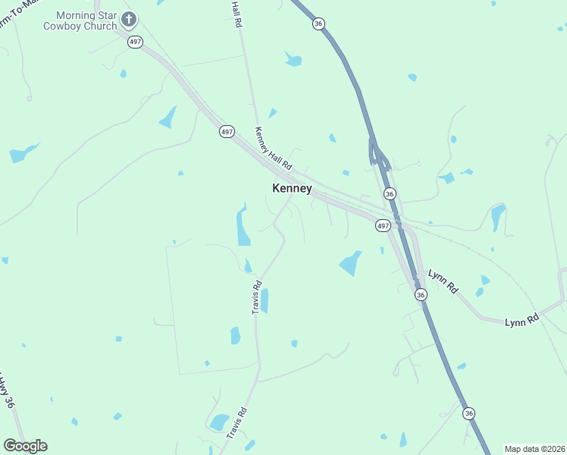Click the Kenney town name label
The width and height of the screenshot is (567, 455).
[x=292, y=189]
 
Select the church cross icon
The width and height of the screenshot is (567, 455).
[x=129, y=19]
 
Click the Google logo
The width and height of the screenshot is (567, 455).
[x=25, y=446]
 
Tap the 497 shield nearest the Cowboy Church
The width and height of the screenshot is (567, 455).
[x=136, y=42]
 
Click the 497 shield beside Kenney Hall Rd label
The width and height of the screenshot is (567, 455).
[x=227, y=132]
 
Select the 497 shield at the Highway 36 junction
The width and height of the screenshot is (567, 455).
[x=383, y=226]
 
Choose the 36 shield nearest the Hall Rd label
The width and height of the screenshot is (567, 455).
[x=318, y=24]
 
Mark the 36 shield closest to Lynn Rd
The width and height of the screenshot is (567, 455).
[x=421, y=294]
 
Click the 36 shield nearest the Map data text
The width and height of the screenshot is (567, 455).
[x=469, y=413]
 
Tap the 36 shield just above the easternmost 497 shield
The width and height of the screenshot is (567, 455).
[x=390, y=194]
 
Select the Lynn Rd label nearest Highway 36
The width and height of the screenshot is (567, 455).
[x=444, y=282]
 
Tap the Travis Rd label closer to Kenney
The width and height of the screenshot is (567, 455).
[x=257, y=297]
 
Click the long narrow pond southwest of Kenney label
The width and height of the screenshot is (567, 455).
[x=243, y=225]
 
